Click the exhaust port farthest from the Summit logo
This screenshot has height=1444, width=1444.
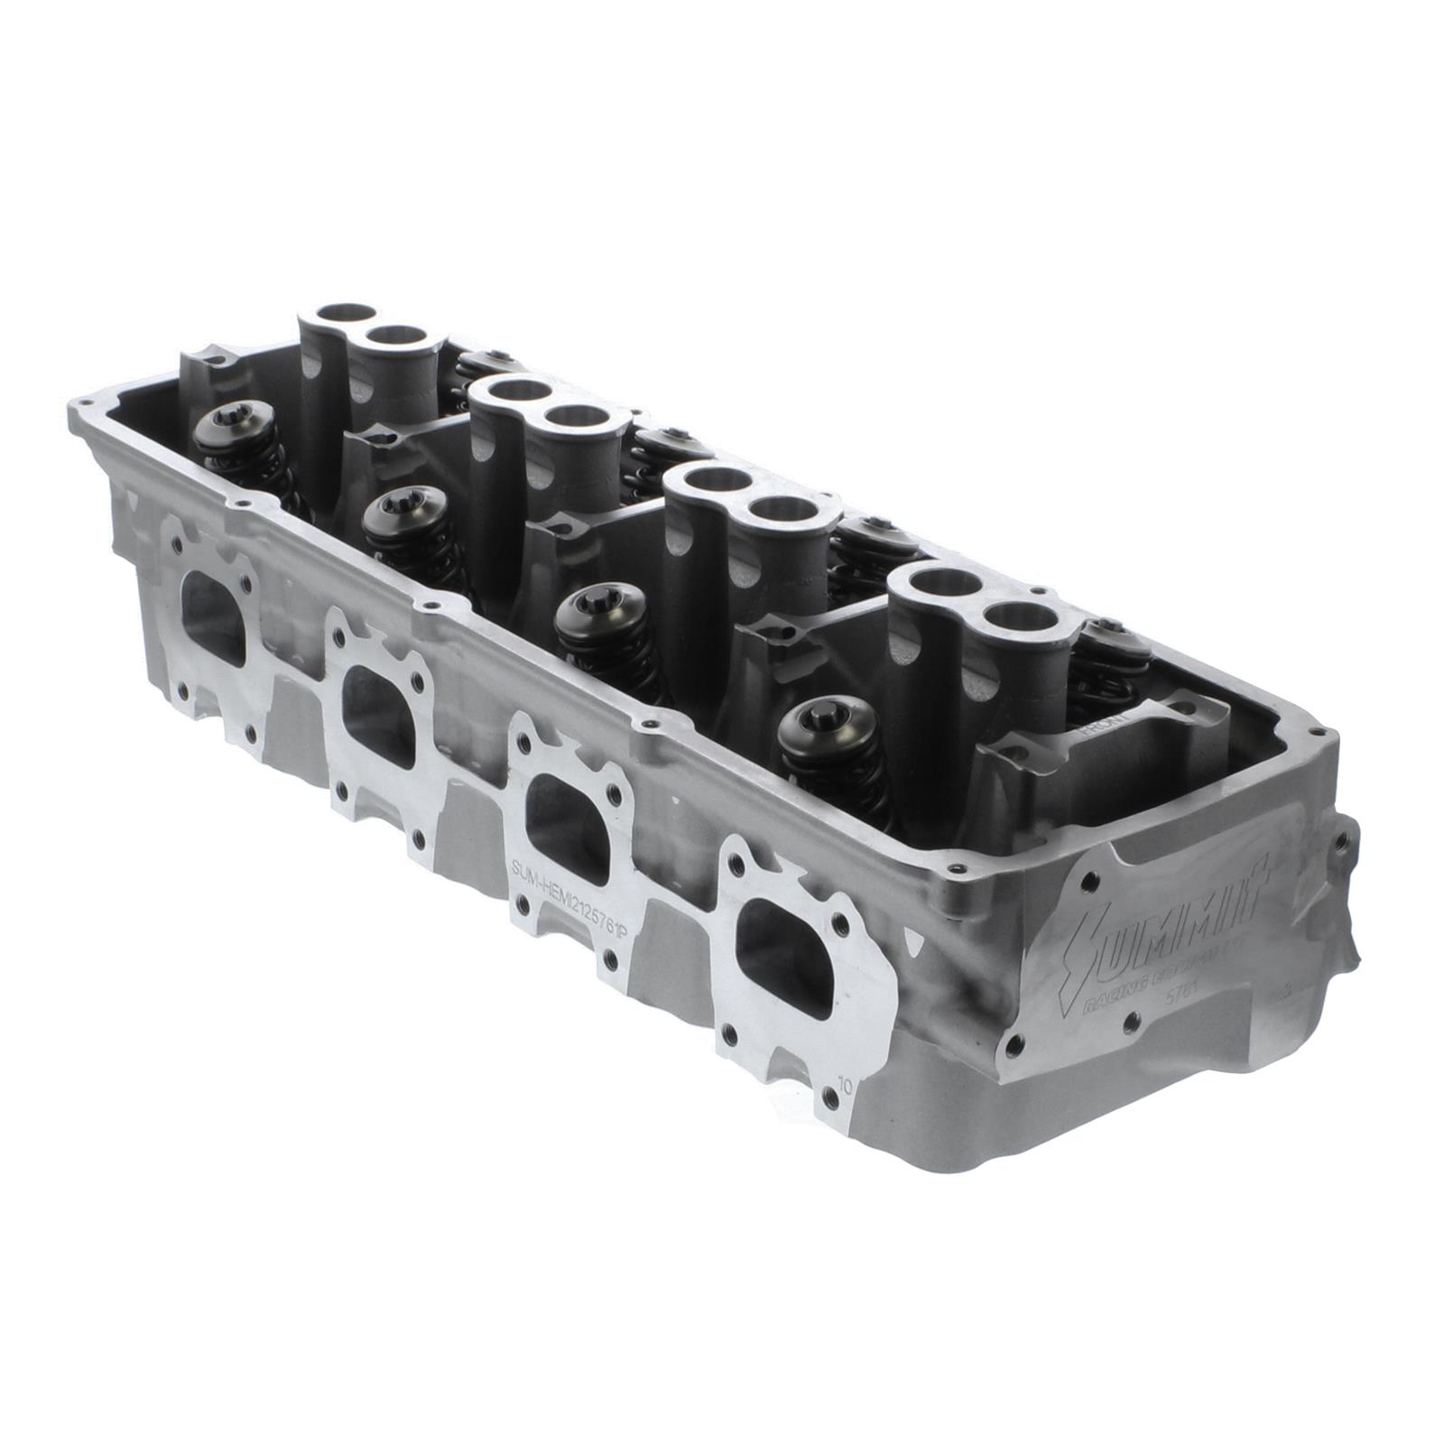click(213, 620)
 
